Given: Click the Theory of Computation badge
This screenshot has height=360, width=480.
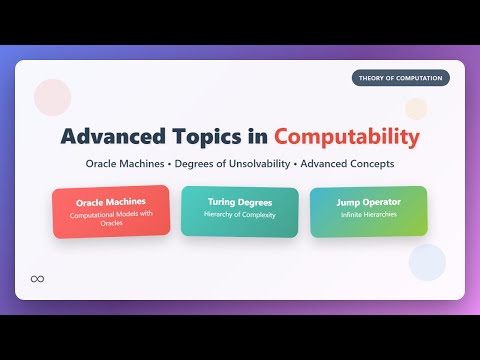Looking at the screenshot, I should [x=400, y=78].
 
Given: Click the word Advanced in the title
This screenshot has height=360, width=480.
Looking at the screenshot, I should [x=109, y=135].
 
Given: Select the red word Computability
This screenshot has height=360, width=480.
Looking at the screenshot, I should [x=347, y=135].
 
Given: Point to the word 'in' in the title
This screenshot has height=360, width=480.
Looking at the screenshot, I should [x=258, y=135].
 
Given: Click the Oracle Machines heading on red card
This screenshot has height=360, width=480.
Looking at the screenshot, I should [x=110, y=202].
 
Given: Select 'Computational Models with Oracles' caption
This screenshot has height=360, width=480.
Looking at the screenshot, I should [x=110, y=218].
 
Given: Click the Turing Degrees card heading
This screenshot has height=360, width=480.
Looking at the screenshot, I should [x=239, y=202].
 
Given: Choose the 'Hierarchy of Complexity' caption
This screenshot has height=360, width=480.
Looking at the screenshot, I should [x=239, y=215].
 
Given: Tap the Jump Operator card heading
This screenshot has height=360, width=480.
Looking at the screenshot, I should [x=368, y=202].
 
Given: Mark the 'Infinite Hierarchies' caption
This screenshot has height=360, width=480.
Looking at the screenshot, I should [x=368, y=215].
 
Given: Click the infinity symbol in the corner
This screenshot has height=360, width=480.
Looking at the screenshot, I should [x=38, y=278].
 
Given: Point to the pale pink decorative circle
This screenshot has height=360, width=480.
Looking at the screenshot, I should [x=51, y=97].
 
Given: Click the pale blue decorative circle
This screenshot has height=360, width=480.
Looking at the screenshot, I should [x=427, y=262].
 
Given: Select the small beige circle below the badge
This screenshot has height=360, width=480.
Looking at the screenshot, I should [x=416, y=108].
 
